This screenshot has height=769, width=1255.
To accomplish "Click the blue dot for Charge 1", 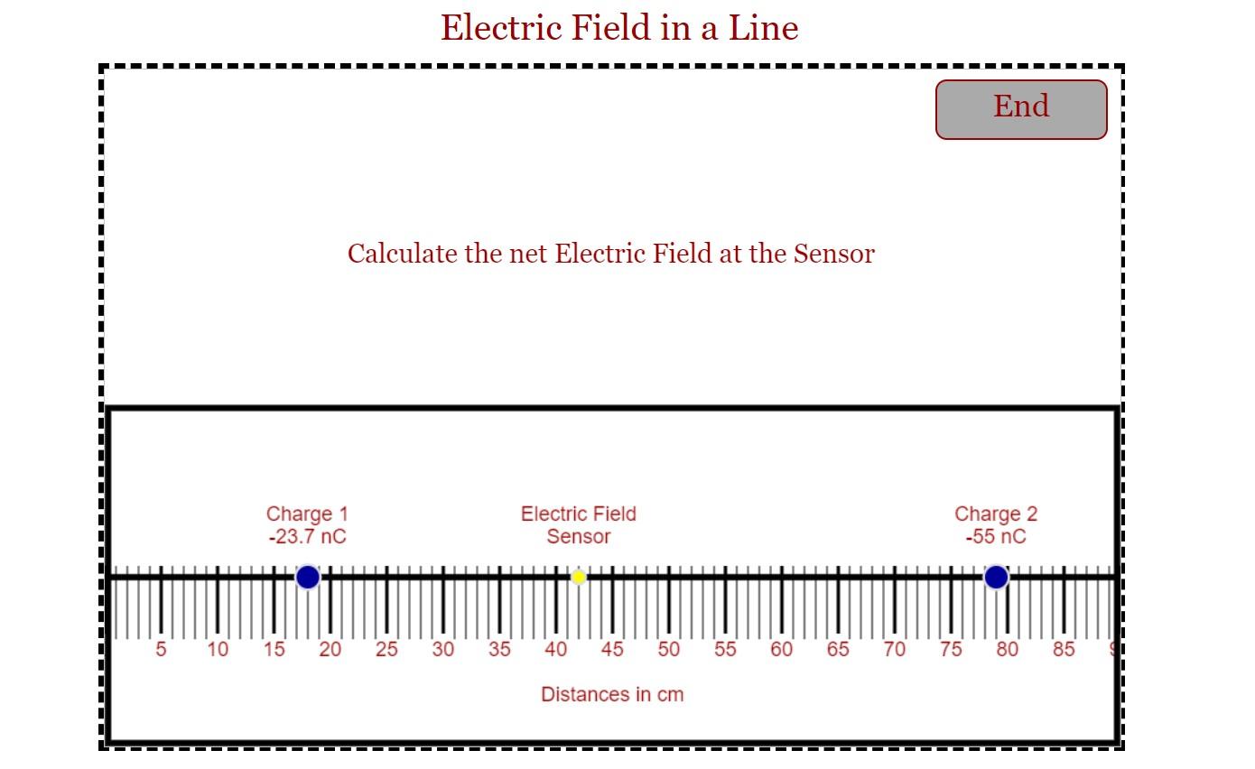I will (308, 577).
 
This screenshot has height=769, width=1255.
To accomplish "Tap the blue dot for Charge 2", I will (996, 577).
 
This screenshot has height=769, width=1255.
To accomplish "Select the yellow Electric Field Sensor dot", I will (579, 577).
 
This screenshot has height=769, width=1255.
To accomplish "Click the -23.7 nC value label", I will (307, 537).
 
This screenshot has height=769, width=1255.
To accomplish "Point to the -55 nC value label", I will (996, 537).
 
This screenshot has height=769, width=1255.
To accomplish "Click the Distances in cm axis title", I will (612, 694).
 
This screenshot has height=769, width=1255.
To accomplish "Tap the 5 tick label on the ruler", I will (161, 649).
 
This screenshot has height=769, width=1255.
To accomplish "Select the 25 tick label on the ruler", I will (386, 649).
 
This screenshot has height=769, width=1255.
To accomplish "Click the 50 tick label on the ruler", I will (668, 649).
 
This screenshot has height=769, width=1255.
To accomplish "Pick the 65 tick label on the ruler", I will (838, 649).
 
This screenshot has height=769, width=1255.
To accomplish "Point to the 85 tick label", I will (1064, 649).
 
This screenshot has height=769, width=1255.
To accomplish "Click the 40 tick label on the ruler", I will (556, 649).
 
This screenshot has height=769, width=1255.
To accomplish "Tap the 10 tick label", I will (218, 649).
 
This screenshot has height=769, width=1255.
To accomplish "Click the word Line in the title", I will (764, 28).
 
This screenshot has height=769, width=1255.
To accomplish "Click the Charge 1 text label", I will (307, 514).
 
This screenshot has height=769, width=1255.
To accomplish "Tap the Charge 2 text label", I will (996, 514).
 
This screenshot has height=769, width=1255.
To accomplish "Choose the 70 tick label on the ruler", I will (894, 649).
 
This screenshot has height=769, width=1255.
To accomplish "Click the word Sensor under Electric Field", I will (579, 537).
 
